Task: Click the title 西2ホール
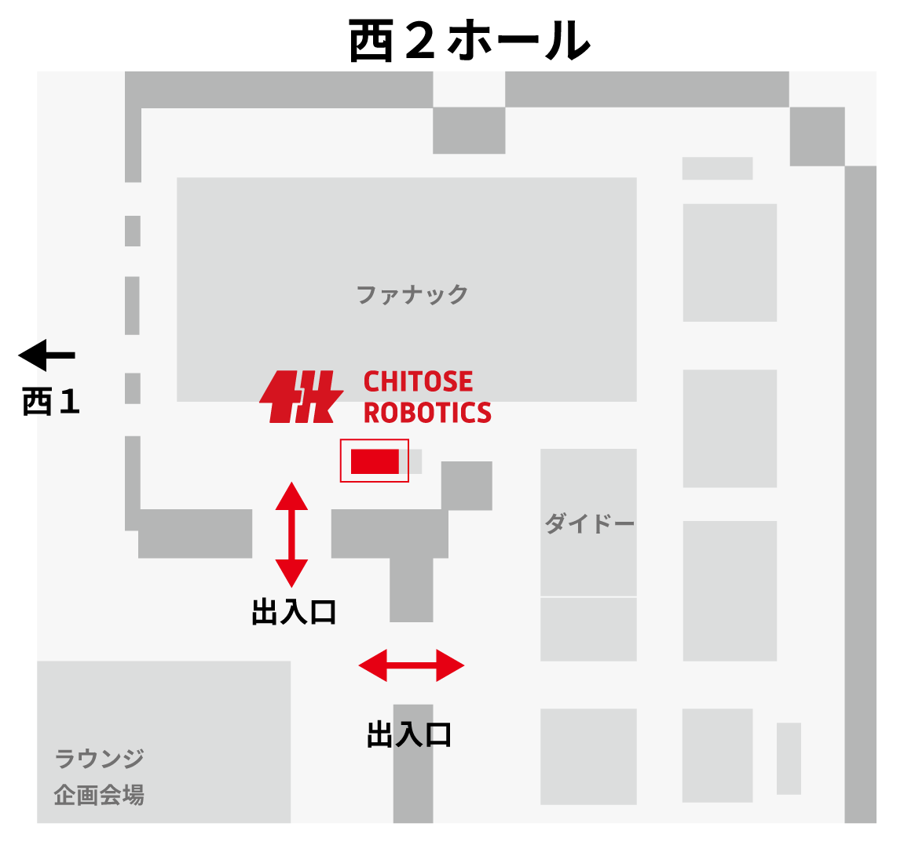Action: pos(469,41)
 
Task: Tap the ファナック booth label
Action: pos(412,294)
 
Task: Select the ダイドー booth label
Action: pos(589,523)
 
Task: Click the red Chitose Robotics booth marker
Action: pos(375,461)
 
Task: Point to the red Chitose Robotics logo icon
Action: pos(301,397)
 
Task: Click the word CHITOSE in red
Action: pos(418,382)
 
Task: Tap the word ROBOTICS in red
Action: pos(427,413)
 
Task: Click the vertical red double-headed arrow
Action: pos(291,534)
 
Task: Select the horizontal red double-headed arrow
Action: pos(411,665)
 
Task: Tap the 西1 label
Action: pos(51,402)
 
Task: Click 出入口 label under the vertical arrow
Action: pos(294,612)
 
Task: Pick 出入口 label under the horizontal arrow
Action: pos(409,735)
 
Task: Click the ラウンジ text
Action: pos(99,759)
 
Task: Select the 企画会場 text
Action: pos(99,795)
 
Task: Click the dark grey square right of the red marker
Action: pos(467,486)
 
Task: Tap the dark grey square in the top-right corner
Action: pos(817,137)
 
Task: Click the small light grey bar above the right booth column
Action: pos(717,169)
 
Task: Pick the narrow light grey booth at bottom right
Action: pos(789,758)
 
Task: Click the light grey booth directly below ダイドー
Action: pos(588,629)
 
